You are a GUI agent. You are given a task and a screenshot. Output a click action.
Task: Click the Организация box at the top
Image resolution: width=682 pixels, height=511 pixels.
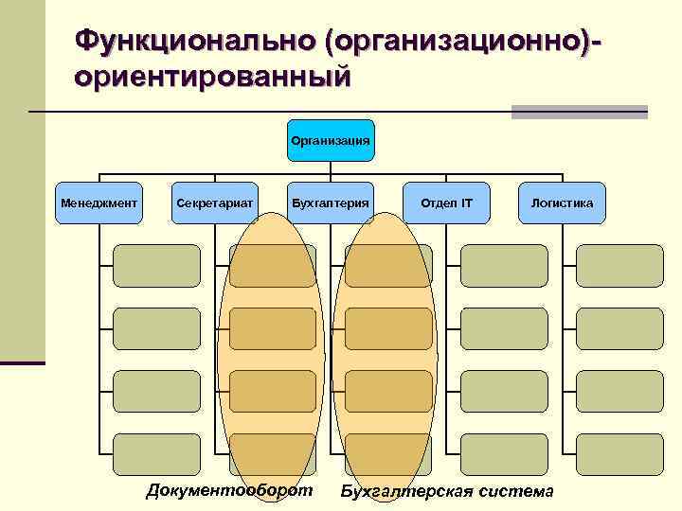(x=330, y=141)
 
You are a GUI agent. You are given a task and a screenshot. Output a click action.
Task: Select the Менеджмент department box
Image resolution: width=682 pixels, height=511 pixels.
(x=99, y=203)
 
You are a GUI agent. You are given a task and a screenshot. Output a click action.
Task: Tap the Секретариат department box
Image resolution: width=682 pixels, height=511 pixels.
(x=214, y=203)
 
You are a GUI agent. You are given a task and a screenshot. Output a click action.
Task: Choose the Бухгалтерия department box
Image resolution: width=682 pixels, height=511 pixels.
(x=330, y=203)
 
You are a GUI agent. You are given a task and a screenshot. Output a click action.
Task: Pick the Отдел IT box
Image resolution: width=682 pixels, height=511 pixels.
(x=446, y=203)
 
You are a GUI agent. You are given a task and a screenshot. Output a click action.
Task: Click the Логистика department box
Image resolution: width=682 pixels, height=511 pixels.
(x=562, y=203)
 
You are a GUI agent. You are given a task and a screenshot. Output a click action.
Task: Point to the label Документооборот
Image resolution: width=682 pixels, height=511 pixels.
(x=229, y=489)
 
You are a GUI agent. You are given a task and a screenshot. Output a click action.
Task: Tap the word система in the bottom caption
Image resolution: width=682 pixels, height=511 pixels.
(x=516, y=491)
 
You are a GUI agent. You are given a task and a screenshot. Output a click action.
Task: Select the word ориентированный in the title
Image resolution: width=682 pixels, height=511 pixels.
(x=213, y=76)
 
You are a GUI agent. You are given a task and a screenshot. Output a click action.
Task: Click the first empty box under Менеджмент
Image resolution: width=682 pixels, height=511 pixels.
(x=156, y=266)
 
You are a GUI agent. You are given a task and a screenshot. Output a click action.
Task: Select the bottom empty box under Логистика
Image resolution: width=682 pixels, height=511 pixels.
(x=619, y=453)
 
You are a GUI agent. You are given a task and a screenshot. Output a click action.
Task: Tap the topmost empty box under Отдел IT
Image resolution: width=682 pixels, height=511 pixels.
(x=504, y=266)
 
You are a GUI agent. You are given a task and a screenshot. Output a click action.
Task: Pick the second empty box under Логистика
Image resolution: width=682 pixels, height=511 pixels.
(x=619, y=328)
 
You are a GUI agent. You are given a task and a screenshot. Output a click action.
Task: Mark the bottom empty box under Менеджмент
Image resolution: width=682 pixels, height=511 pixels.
(x=156, y=453)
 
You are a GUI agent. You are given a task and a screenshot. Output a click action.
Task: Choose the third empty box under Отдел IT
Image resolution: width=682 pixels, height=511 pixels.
(x=504, y=391)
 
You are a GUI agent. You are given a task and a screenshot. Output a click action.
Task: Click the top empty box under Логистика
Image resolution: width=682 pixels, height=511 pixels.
(x=619, y=266)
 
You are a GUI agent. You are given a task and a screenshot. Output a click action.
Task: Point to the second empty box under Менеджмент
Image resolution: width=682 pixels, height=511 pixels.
(x=156, y=328)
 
